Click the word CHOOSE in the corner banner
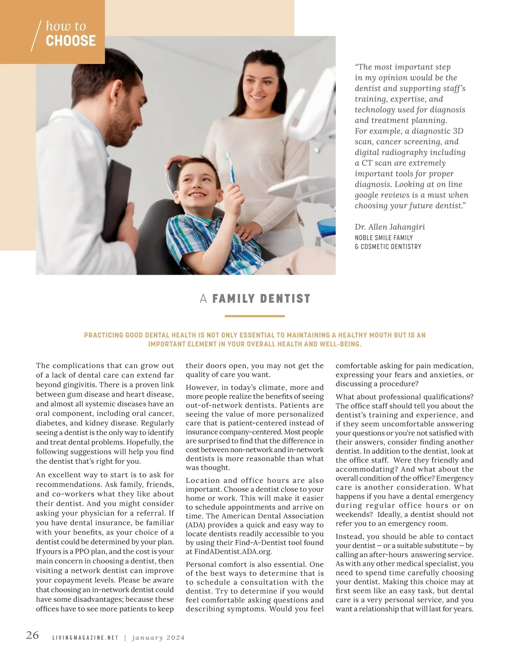point(70,41)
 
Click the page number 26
point(32,635)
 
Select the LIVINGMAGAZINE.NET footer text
point(85,638)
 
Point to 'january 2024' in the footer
point(158,638)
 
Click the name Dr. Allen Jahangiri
point(390,227)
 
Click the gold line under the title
point(254,316)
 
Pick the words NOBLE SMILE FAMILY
point(384,238)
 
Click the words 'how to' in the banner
point(66,26)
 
